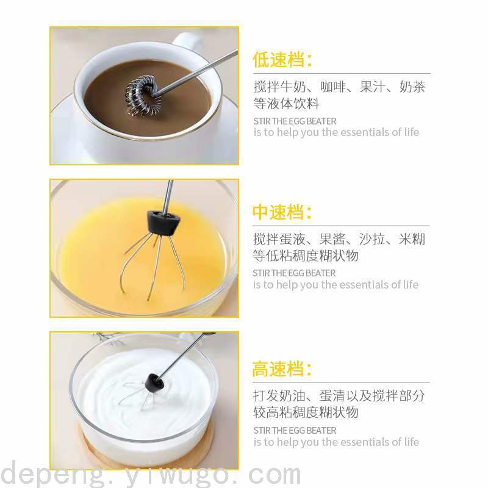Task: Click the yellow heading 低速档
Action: coord(278,59)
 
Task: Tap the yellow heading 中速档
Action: coord(278,212)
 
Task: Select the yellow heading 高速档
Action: coord(278,369)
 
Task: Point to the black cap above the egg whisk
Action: coord(163,222)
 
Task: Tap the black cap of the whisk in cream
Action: coord(154,382)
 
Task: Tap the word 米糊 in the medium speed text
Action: coord(412,239)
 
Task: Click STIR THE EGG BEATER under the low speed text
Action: coord(295,121)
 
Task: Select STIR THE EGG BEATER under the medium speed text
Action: coord(294,273)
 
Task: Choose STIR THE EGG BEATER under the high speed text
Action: coord(295,431)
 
